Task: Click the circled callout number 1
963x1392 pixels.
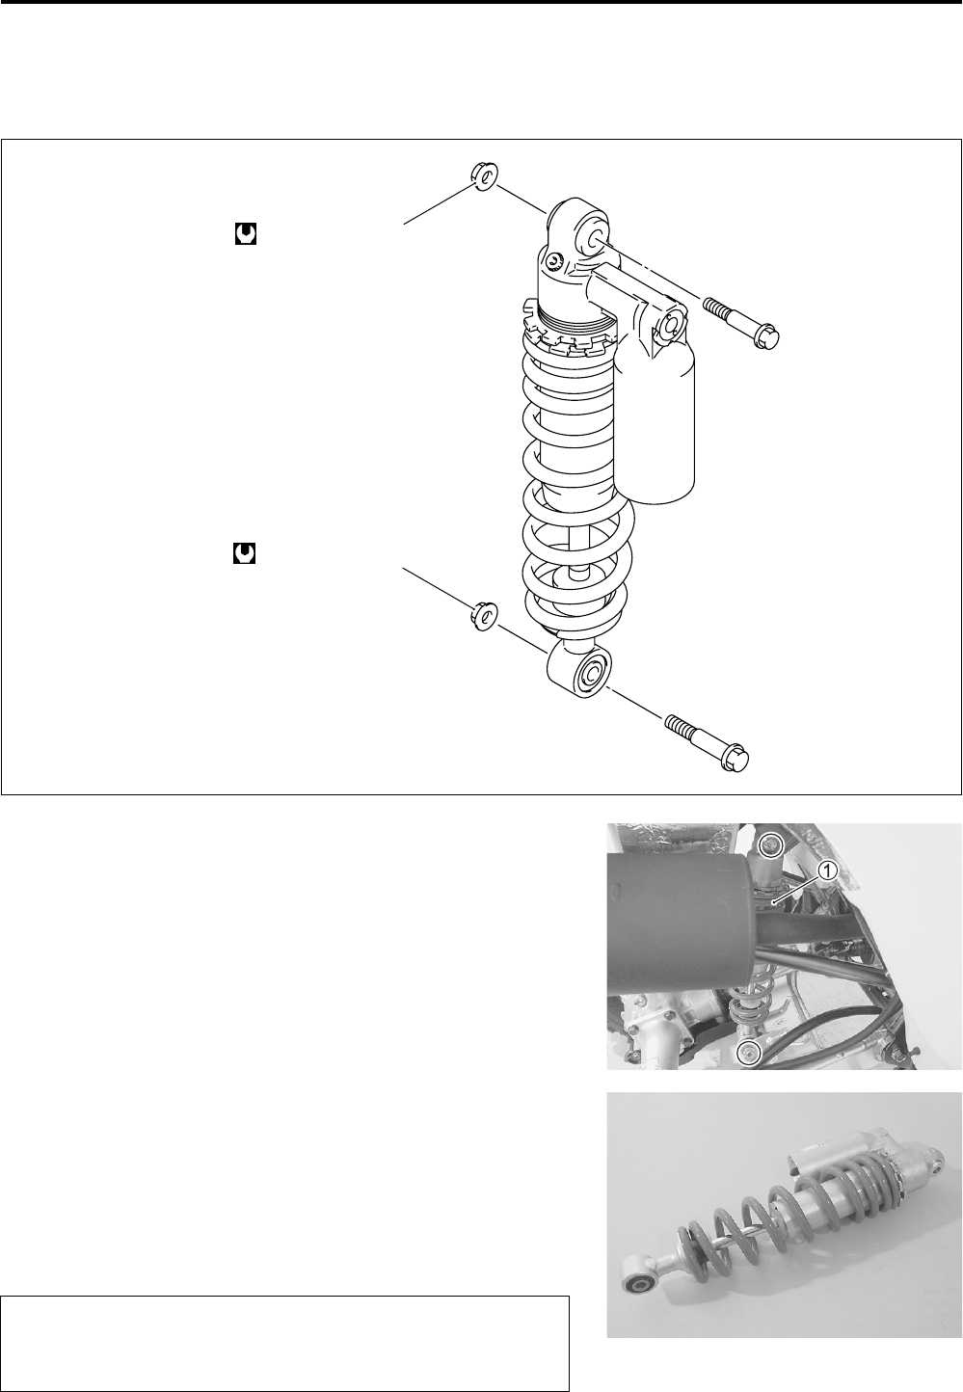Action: tap(826, 870)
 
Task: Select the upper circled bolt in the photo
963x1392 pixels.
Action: tap(768, 847)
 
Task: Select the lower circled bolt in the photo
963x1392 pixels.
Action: tap(749, 1054)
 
